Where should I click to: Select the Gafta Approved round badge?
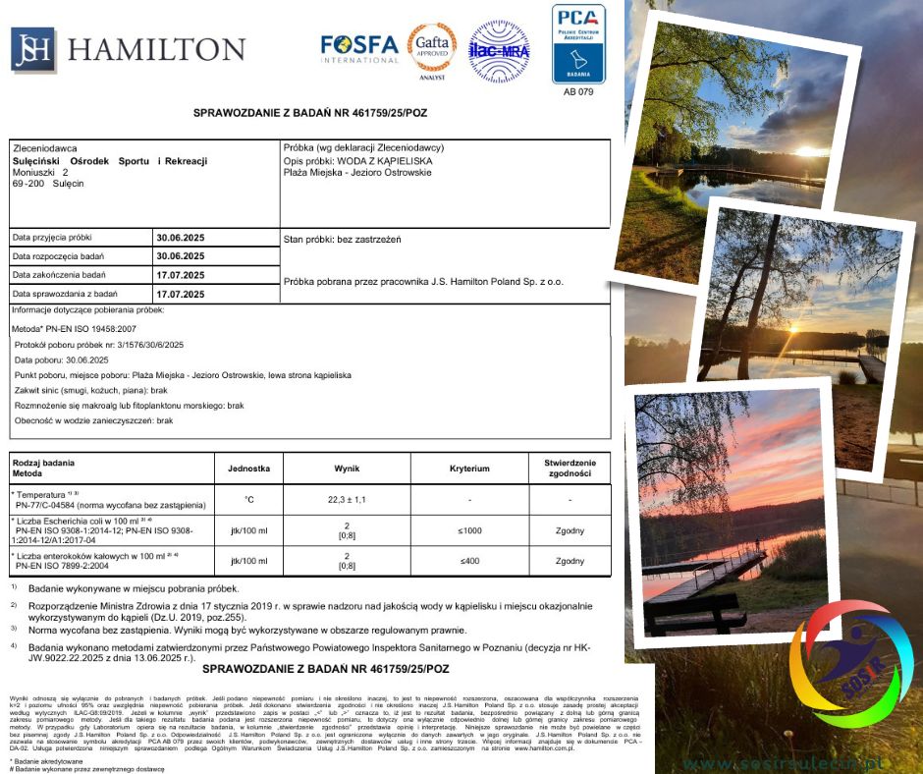(x=433, y=49)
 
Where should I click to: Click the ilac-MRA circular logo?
(x=500, y=50)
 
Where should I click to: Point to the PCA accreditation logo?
(x=578, y=43)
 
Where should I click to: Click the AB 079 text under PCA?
(x=578, y=91)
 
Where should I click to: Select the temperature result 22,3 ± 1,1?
(x=347, y=500)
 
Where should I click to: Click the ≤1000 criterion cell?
(x=469, y=530)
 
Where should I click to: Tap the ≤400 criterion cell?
(x=469, y=561)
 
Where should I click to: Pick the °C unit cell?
(x=248, y=500)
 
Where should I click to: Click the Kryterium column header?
(x=469, y=469)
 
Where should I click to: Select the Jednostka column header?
(x=248, y=469)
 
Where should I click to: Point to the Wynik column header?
(x=347, y=469)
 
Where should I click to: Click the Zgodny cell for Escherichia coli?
(x=570, y=530)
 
